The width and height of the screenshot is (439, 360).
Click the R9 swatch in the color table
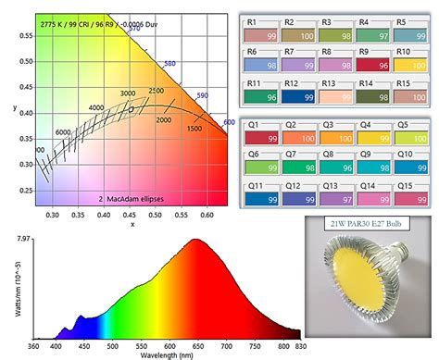point(374,61)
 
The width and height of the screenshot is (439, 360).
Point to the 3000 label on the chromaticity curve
point(128,93)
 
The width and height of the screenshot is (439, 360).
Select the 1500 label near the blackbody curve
point(195,128)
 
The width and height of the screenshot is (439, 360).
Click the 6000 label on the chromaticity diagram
point(64,132)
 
